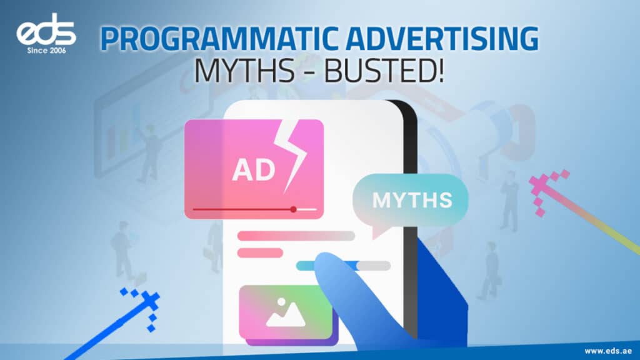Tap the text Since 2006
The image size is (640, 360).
coord(46,51)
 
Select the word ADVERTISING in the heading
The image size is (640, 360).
coord(444,39)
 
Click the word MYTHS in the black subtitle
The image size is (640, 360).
coord(244,71)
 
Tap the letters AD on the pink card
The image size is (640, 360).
coord(254,170)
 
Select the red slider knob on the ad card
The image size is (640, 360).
coord(293,209)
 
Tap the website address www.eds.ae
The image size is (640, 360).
coord(607,351)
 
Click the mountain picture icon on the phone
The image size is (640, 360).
coord(286,312)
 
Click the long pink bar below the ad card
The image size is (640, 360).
coord(296,236)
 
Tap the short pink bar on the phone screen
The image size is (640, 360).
coord(260,253)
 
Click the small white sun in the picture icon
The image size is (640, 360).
coord(281,302)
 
